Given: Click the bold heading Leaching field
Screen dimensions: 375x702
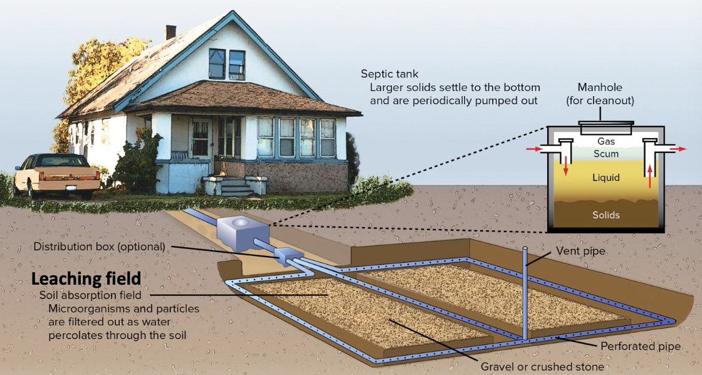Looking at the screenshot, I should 86,278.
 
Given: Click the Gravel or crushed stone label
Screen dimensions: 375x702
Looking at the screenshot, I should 542,366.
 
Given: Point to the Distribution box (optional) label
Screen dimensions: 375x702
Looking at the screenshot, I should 99,246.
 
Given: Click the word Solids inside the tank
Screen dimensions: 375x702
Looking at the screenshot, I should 605,215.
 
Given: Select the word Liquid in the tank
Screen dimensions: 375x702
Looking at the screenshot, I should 605,178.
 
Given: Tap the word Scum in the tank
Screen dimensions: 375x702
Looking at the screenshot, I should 605,154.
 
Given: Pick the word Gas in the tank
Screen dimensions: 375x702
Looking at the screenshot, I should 605,142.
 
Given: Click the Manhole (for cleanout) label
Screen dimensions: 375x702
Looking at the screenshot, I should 600,94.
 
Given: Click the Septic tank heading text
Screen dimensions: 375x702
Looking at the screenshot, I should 389,74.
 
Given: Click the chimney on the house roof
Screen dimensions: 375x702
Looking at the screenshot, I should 170,32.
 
